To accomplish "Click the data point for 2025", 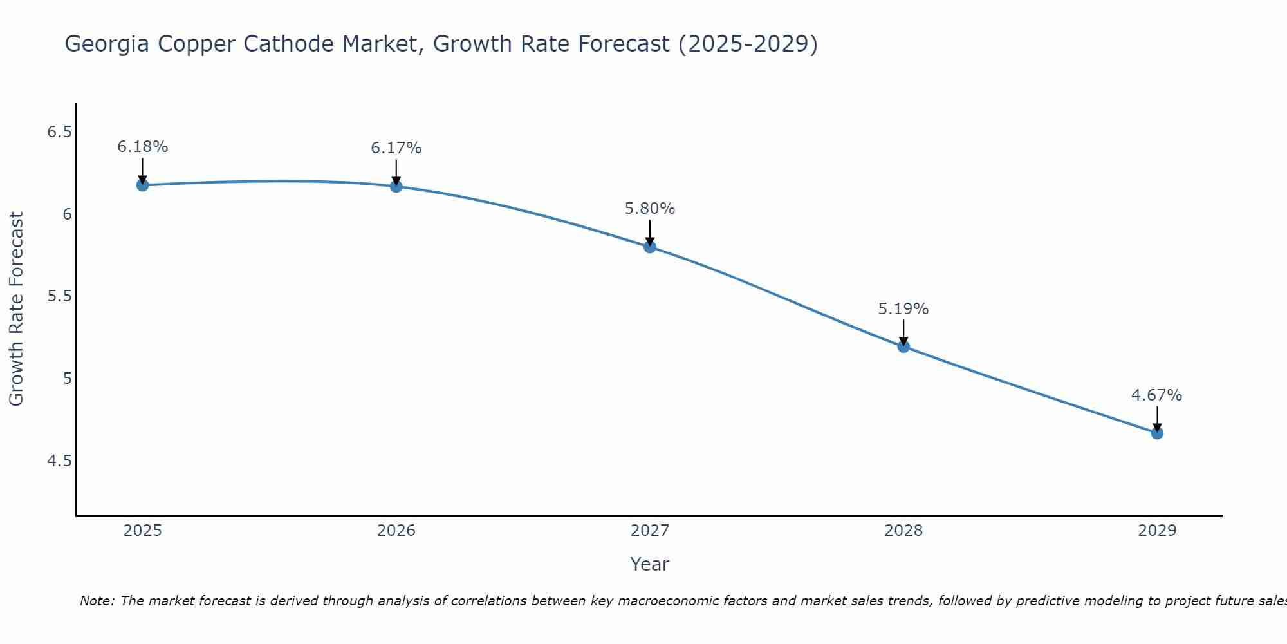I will click(x=143, y=185).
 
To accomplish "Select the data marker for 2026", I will click(x=396, y=186).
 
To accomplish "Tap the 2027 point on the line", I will click(x=650, y=247).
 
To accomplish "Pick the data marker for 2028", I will click(x=903, y=346).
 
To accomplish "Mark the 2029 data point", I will click(x=1157, y=433).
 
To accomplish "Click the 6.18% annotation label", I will click(x=143, y=147).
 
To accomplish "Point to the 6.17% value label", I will click(x=396, y=148).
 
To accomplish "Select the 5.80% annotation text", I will click(x=650, y=209).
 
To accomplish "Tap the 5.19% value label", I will click(x=903, y=309).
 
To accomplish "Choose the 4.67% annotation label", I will click(x=1157, y=395).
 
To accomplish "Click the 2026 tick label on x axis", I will click(x=396, y=531).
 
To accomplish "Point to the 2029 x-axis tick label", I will click(x=1157, y=531).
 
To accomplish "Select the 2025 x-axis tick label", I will click(x=143, y=531).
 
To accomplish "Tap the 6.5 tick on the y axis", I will click(x=59, y=132).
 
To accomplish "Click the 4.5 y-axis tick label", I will click(x=59, y=460).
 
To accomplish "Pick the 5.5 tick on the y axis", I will click(x=59, y=296).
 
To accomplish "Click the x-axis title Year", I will click(x=650, y=564).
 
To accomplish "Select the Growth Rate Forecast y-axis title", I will click(x=17, y=309).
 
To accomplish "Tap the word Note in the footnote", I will click(x=97, y=601).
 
